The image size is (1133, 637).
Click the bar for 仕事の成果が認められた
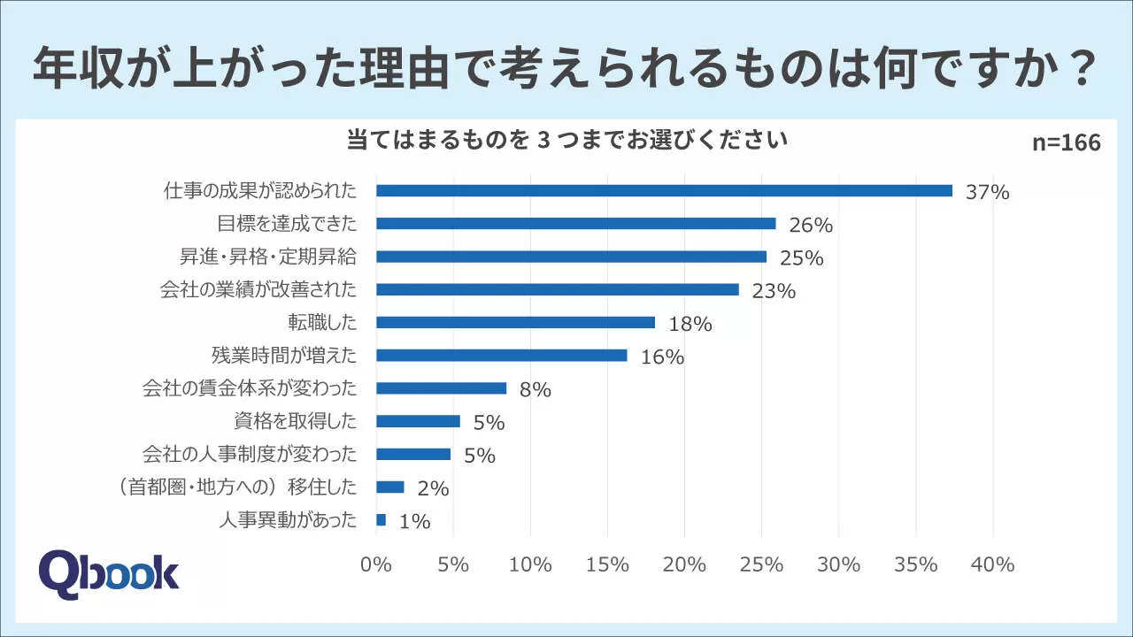(x=664, y=190)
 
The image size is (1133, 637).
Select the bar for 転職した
(x=515, y=323)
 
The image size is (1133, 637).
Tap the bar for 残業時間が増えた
(x=502, y=356)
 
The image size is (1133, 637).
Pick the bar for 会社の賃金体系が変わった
(x=441, y=388)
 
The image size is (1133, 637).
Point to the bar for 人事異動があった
(x=382, y=520)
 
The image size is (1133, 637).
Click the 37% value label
(x=988, y=192)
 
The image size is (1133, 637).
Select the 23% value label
(x=774, y=291)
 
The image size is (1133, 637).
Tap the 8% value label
(x=536, y=390)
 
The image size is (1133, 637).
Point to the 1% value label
(x=414, y=522)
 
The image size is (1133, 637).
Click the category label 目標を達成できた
(x=287, y=223)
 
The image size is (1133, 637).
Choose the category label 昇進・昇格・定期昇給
(x=267, y=257)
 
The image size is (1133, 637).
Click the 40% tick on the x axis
(x=992, y=564)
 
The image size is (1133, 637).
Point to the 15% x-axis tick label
(x=607, y=564)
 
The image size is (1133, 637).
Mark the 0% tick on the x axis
(x=376, y=564)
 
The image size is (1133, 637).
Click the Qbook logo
(x=109, y=573)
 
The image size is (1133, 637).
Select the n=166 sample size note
(x=1067, y=143)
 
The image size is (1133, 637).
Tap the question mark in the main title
(x=1076, y=71)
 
